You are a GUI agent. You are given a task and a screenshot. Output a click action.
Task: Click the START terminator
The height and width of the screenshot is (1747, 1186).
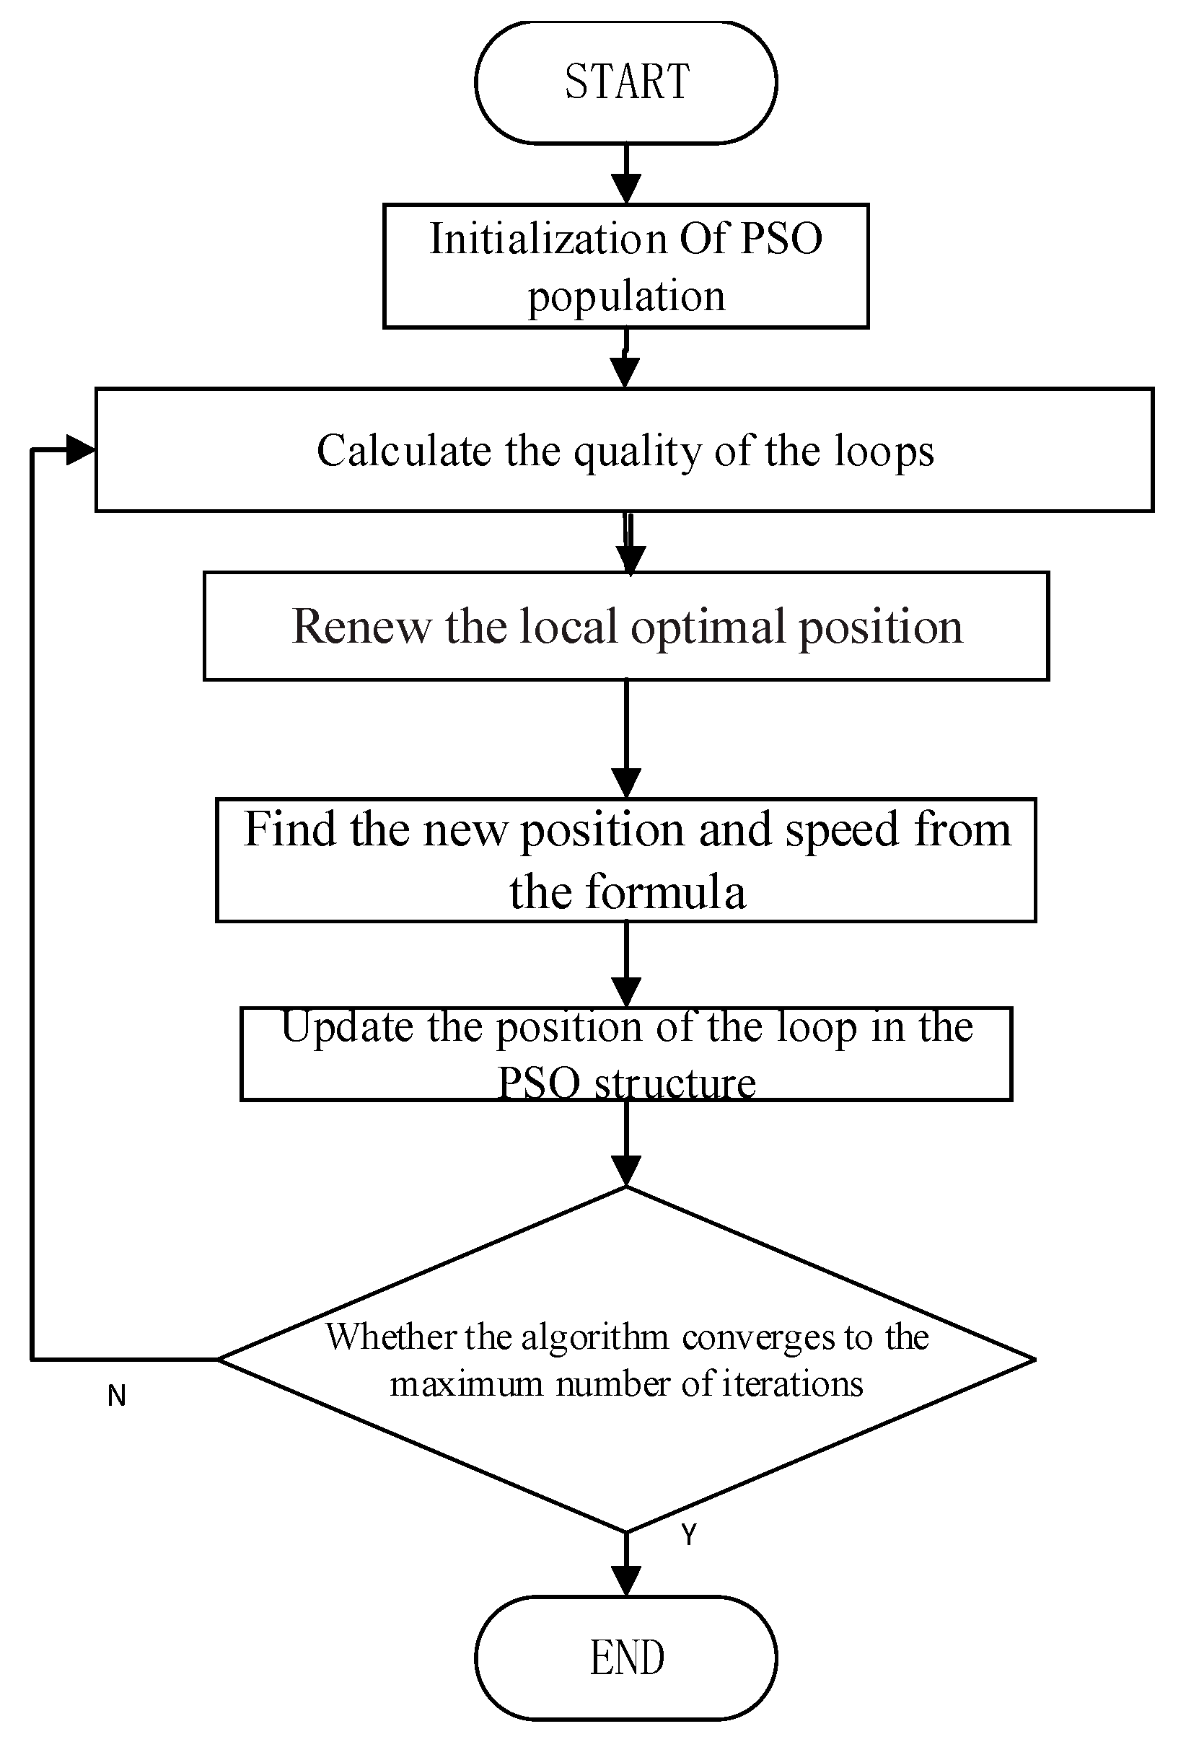[625, 82]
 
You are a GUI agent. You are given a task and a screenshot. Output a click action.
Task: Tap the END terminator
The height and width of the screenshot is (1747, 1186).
[625, 1658]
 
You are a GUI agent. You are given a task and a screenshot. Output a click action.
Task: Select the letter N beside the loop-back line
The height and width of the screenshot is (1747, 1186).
[117, 1396]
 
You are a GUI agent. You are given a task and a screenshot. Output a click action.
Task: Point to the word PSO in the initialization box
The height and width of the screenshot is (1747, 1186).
[781, 239]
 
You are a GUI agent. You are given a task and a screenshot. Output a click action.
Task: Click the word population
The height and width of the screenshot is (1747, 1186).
[626, 296]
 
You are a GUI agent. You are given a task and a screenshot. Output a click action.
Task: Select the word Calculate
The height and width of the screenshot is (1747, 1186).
[403, 451]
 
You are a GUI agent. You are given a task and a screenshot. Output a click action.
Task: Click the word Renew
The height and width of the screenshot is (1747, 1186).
[361, 626]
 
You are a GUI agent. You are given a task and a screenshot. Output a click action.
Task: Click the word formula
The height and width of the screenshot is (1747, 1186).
[666, 892]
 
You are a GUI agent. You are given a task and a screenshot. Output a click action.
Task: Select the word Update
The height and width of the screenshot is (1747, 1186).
[347, 1029]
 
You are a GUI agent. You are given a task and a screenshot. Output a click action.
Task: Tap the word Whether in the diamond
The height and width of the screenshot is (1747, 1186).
[390, 1337]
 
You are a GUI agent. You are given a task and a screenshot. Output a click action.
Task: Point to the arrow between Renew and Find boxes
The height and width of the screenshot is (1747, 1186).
[625, 741]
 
